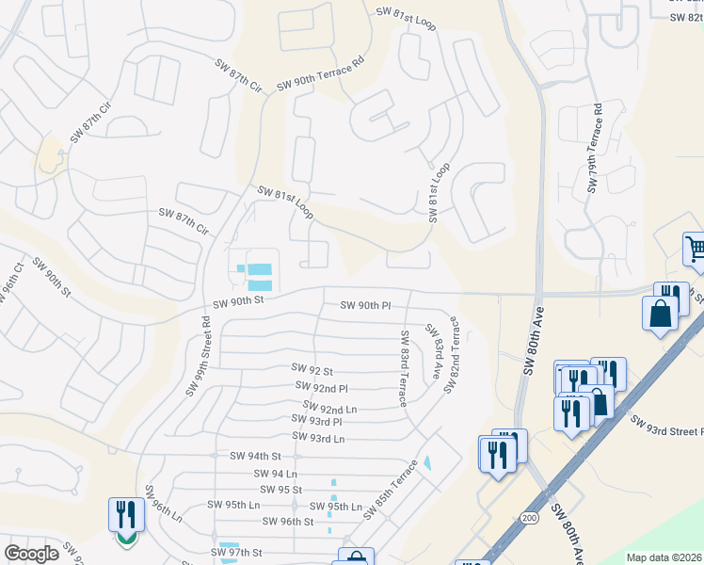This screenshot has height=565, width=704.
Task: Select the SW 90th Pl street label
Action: click(365, 305)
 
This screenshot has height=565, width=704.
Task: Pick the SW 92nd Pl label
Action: click(321, 387)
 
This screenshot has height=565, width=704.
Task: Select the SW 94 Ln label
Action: click(275, 474)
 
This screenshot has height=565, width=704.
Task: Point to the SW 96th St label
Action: click(287, 522)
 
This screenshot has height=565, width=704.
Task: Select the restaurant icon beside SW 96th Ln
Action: click(126, 515)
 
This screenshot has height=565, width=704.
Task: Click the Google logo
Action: click(31, 554)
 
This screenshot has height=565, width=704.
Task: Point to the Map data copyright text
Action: click(664, 557)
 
